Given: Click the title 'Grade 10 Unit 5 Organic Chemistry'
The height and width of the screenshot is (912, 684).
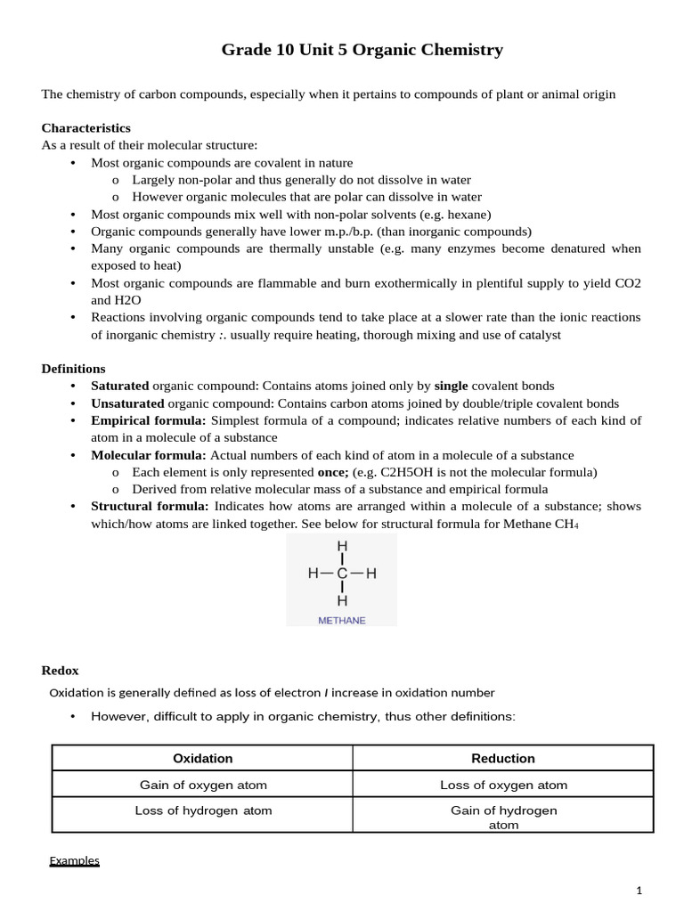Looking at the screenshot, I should [x=362, y=50].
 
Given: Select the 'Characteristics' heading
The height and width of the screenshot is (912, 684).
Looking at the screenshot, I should [x=85, y=128].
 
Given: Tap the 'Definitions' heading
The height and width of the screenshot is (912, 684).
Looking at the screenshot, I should [x=73, y=369].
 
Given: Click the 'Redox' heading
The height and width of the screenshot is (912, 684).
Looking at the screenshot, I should [x=60, y=671].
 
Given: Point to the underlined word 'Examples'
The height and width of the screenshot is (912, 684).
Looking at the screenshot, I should [x=74, y=860].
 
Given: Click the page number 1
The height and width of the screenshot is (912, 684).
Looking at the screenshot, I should [x=639, y=891].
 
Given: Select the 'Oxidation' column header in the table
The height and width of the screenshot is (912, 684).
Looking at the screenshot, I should [x=202, y=759].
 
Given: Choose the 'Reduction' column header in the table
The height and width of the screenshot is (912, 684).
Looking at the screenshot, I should [x=503, y=759].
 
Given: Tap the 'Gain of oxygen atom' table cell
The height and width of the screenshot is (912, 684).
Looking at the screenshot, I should [x=203, y=785].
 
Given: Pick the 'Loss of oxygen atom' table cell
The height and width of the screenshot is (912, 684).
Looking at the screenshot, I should [x=503, y=785].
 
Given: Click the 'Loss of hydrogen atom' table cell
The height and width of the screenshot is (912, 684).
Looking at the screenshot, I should [x=203, y=810].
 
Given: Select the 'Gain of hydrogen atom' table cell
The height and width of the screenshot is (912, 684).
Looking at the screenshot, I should [x=503, y=817].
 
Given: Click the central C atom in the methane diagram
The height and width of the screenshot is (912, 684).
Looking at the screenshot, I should [x=342, y=574].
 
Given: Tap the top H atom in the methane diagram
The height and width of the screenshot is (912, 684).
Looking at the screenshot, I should [x=342, y=546].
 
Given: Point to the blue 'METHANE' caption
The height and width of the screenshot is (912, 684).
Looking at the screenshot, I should [x=342, y=621].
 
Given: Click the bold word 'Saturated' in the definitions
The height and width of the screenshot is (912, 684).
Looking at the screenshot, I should [x=119, y=386].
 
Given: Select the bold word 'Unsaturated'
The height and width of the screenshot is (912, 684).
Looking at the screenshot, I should [x=127, y=403].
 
